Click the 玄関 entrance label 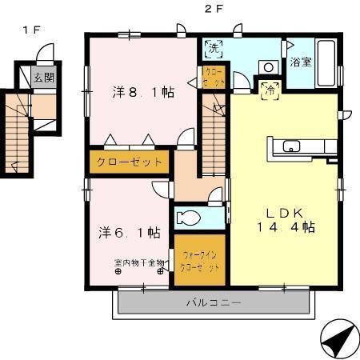43,78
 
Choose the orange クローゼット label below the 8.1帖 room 130,161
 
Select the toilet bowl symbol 190,218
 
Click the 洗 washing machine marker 213,48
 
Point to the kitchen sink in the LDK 290,146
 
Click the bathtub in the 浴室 326,62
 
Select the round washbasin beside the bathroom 269,67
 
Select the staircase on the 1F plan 18,131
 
